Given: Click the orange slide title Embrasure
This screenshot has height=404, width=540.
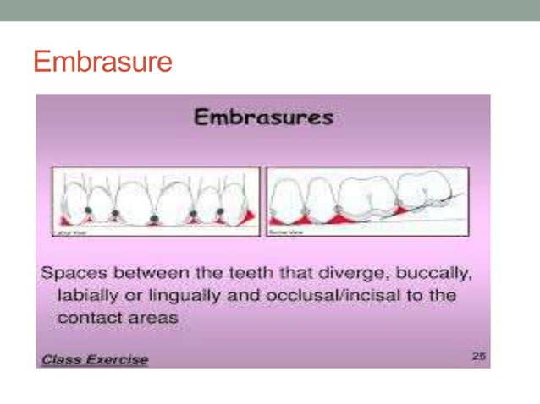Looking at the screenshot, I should (102, 62).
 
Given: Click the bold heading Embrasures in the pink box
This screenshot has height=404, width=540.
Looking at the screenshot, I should (263, 117).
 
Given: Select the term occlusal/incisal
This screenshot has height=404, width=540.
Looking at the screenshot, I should (326, 297).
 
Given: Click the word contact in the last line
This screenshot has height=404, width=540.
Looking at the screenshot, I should (86, 319).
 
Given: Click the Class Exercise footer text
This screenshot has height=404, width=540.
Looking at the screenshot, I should (93, 359).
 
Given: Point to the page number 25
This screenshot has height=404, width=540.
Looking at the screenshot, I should (479, 358).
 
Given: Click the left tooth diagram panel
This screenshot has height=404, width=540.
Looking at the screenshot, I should (156, 201).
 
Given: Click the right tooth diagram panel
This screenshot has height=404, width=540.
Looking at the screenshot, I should (367, 201).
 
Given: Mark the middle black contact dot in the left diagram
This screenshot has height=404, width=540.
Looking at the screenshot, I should (153, 218).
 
